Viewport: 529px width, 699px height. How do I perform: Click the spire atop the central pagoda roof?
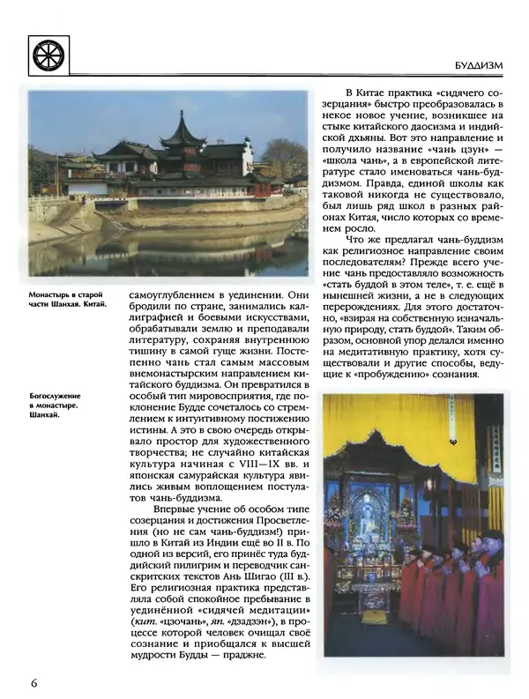(x=182, y=116)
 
